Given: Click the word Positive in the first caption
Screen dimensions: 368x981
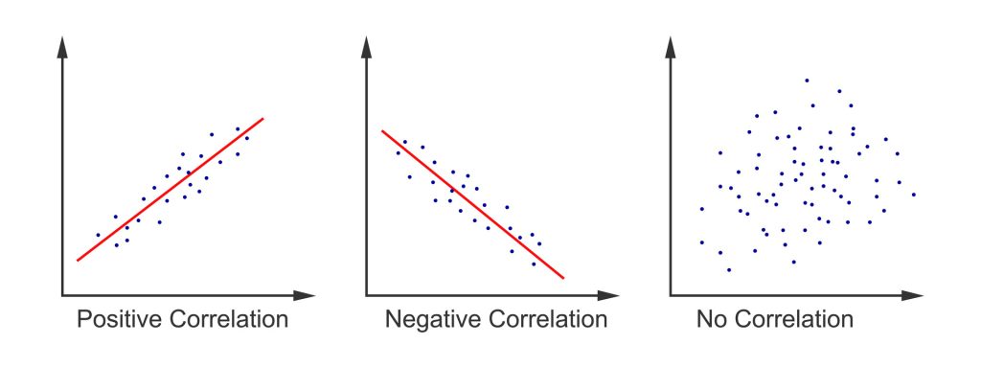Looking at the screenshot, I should pos(118,319).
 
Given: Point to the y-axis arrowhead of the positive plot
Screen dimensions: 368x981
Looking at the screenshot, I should pos(64,44).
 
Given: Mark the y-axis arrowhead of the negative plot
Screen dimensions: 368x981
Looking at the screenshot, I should pos(368,44).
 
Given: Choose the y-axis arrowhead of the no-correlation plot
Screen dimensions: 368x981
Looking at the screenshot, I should pos(672,44).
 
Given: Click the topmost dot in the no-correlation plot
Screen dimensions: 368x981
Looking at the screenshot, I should pos(807,80).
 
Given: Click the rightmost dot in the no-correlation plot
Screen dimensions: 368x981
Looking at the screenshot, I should pos(914,195).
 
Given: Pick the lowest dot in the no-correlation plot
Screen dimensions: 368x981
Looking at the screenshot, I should pos(729,269).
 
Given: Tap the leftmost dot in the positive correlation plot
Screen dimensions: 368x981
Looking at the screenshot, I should pos(98,235).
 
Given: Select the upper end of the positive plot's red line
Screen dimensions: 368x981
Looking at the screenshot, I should pos(262,119).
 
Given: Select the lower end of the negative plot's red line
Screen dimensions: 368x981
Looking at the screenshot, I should pos(563,278).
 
